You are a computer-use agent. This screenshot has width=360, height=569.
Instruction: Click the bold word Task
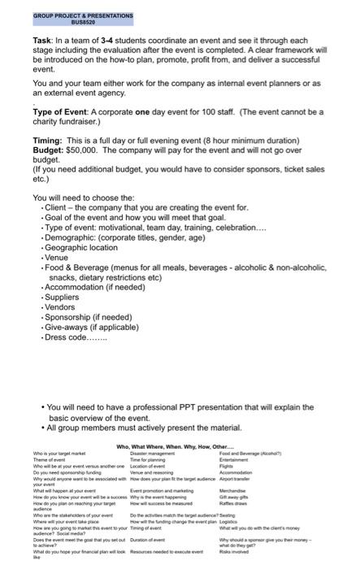tap(44, 40)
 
